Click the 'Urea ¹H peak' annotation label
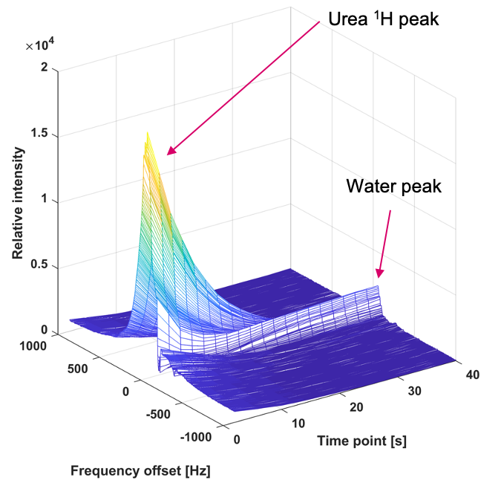tap(384, 20)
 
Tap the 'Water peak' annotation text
tap(393, 186)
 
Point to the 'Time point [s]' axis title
tap(361, 441)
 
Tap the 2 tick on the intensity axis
tap(45, 68)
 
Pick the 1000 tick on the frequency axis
tap(33, 345)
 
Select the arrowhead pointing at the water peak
tap(379, 276)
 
